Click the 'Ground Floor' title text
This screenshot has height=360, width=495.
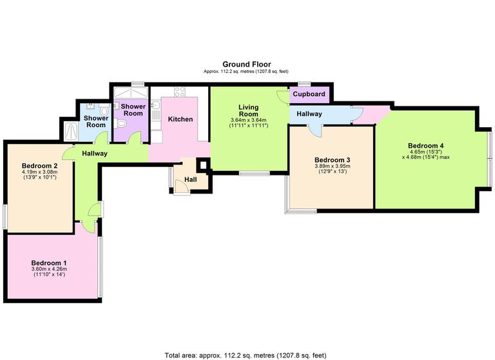pos(247,64)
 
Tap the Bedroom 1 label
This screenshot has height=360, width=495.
pos(49,263)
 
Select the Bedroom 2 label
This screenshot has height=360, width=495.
pos(40,166)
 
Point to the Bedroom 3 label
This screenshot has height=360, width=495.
pos(332,160)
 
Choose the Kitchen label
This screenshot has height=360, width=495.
pos(180,119)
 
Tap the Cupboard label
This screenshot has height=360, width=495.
pos(309,94)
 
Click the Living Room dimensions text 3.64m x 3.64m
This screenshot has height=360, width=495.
pos(248,120)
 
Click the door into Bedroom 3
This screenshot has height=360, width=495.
pos(315,129)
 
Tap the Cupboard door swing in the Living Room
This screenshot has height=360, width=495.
pos(282,97)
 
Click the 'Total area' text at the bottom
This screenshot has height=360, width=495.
pos(246,354)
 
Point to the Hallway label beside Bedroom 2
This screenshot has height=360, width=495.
pos(94,154)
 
